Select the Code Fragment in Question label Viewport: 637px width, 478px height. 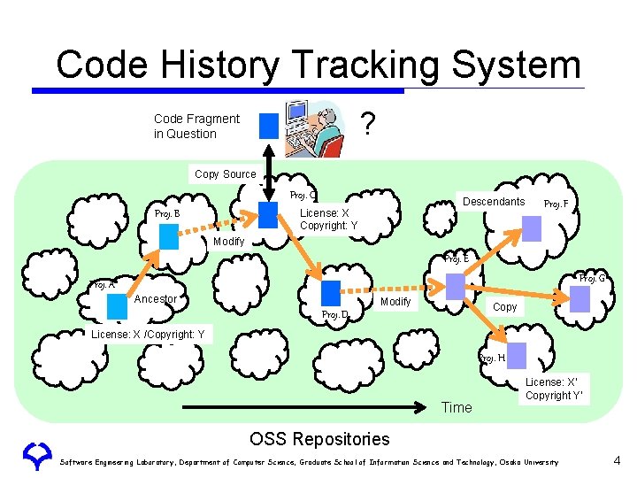pos(196,126)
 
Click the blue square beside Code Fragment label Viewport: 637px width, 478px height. pos(269,126)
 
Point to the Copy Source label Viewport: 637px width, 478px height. pos(225,174)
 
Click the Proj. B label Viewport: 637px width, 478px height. pos(167,213)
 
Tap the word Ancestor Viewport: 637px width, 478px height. pos(156,299)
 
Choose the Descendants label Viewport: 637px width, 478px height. pos(494,202)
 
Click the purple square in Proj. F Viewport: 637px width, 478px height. pos(532,229)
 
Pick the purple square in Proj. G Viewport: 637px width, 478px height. pos(579,299)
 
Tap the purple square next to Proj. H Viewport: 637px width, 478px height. pos(517,355)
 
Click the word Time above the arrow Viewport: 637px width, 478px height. pos(457,407)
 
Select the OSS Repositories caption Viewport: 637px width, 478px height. pos(319,439)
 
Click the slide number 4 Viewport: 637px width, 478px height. pos(618,460)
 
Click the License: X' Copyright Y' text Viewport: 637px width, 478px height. pos(555,389)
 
